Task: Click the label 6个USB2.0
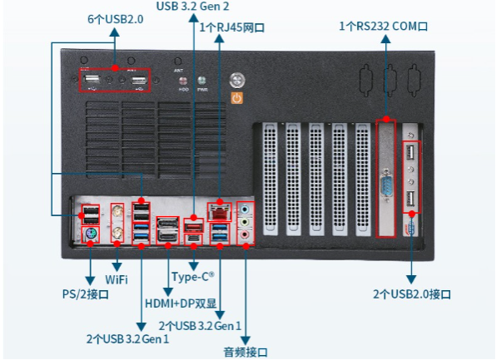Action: [x=115, y=18]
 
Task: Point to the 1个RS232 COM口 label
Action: [x=384, y=27]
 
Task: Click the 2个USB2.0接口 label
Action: [x=412, y=294]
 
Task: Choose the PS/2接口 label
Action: [x=90, y=293]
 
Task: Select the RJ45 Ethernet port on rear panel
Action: [x=219, y=211]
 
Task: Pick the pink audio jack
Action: [x=245, y=235]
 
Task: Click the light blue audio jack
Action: [x=245, y=210]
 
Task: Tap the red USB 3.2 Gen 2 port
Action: [x=193, y=224]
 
